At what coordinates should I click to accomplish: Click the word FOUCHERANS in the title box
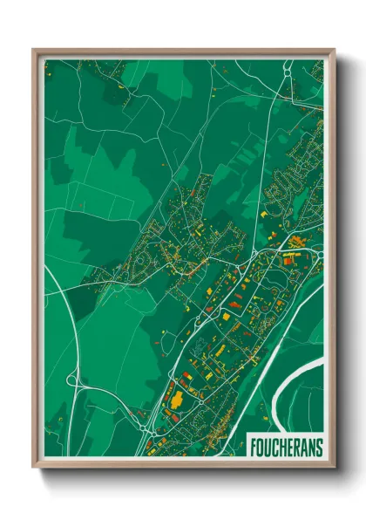(x=286, y=446)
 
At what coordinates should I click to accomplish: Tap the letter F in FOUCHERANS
(x=254, y=446)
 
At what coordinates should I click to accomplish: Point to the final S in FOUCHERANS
(x=319, y=446)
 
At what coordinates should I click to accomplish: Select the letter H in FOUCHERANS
(x=282, y=446)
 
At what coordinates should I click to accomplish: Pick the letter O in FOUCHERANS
(x=261, y=446)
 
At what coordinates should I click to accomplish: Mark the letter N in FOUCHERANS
(x=311, y=446)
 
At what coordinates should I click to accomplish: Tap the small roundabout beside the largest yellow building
(x=200, y=402)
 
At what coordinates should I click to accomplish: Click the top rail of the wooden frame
(x=183, y=51)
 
